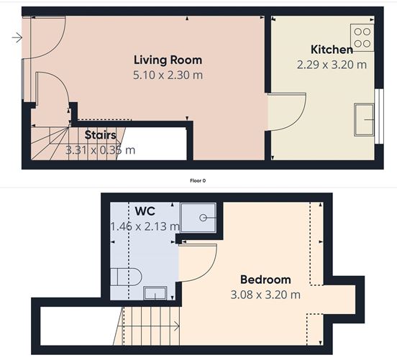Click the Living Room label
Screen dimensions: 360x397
click(x=168, y=60)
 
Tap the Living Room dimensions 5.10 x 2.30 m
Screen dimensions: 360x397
click(x=168, y=74)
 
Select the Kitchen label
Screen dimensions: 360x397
click(x=332, y=50)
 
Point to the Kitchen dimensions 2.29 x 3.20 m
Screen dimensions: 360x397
click(x=332, y=64)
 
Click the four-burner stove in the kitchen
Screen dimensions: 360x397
click(x=362, y=37)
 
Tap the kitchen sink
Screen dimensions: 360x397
click(x=365, y=119)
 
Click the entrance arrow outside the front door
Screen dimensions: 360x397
click(x=17, y=37)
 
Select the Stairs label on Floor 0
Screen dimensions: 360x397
click(x=100, y=135)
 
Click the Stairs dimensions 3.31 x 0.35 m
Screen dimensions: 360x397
click(x=100, y=150)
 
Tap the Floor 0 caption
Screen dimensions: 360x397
click(x=198, y=181)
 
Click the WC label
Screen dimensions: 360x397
click(x=145, y=212)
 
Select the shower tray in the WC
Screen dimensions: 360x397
click(x=198, y=217)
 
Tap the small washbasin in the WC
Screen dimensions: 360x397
click(x=155, y=292)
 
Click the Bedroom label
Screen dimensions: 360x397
click(x=265, y=280)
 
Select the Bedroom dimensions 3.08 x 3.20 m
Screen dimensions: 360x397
click(x=265, y=295)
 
